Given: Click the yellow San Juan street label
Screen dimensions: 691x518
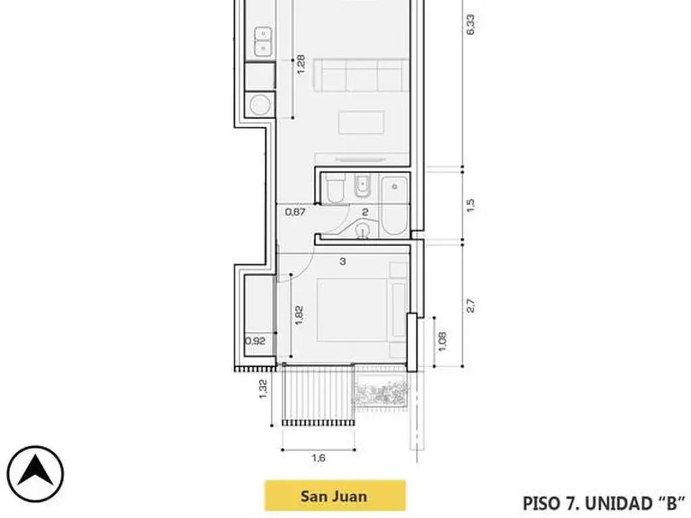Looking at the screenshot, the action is [335, 496].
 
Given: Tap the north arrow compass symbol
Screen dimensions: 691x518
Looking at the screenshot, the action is [35, 474].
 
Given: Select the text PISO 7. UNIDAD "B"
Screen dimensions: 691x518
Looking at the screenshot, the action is [604, 503].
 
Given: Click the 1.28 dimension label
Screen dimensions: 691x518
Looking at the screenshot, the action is [300, 64].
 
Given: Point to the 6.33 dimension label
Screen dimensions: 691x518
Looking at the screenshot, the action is [470, 25].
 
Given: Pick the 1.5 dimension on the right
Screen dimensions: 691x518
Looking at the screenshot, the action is [470, 205].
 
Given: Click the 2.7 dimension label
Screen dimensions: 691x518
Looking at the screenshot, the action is [470, 306].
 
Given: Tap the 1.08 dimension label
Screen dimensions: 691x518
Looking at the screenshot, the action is [443, 341].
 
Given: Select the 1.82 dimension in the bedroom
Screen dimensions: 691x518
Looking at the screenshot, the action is [299, 316].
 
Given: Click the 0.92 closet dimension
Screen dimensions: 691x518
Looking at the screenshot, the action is [256, 341].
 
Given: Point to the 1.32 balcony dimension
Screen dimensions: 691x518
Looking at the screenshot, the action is [262, 389].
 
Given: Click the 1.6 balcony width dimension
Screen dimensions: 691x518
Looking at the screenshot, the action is [319, 458].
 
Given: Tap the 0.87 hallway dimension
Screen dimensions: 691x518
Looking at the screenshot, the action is [296, 212].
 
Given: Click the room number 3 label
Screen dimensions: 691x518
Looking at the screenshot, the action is [342, 262].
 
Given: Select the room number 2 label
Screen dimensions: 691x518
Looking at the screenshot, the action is [365, 212].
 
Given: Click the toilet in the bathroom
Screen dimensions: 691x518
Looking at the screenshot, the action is [336, 188].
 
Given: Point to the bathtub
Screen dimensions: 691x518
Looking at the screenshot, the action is [394, 206].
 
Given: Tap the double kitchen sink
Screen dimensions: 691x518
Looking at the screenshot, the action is [263, 41].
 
